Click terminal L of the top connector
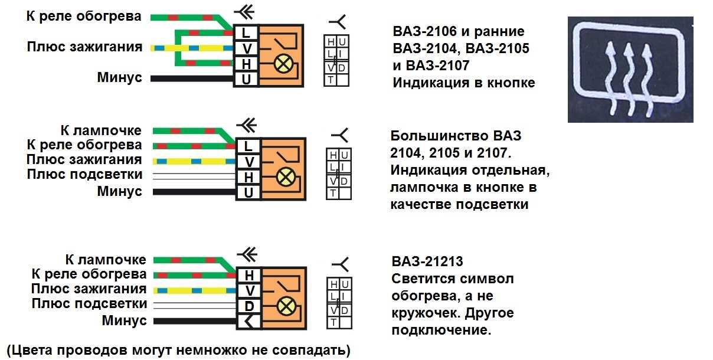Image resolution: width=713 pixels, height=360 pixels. [x=246, y=33]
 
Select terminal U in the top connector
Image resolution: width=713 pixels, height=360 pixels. [x=246, y=79]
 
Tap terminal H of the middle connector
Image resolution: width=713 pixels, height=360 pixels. [x=248, y=177]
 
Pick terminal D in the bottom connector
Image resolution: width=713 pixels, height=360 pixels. [x=249, y=306]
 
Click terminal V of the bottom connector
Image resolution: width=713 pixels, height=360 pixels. [x=249, y=290]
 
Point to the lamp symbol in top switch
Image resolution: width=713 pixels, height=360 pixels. [x=283, y=63]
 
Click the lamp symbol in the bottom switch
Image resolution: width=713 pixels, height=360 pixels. [x=286, y=306]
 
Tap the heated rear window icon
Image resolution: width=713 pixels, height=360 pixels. [x=630, y=70]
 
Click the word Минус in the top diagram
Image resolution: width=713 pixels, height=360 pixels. [x=119, y=77]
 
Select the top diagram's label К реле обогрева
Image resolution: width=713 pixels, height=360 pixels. [x=84, y=16]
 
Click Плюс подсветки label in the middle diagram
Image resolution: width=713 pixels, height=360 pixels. [x=84, y=175]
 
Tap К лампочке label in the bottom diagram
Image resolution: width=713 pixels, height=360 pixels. [x=106, y=260]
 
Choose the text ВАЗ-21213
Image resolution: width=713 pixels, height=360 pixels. [x=427, y=261]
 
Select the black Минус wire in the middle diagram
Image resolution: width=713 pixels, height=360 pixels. [x=194, y=192]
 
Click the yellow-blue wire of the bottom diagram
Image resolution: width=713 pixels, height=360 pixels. [x=195, y=290]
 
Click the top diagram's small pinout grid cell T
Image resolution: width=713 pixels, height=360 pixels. [x=331, y=80]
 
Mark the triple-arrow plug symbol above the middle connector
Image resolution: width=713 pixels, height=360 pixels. [x=246, y=126]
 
